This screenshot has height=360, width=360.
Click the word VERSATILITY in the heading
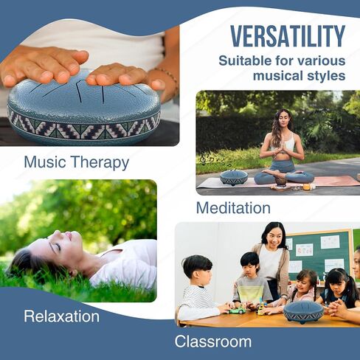click(x=288, y=36)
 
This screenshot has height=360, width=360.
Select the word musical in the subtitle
click(x=278, y=75)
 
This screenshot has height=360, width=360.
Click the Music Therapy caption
click(x=77, y=162)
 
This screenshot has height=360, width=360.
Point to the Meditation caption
click(x=233, y=208)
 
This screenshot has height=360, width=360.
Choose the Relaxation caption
click(x=62, y=316)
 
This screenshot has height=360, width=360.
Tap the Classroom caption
click(x=213, y=342)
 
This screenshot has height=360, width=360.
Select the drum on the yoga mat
click(x=234, y=177)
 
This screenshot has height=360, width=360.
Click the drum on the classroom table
click(x=303, y=312)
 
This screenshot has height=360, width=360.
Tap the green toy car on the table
click(x=238, y=310)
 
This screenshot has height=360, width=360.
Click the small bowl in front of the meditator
click(x=280, y=181)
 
